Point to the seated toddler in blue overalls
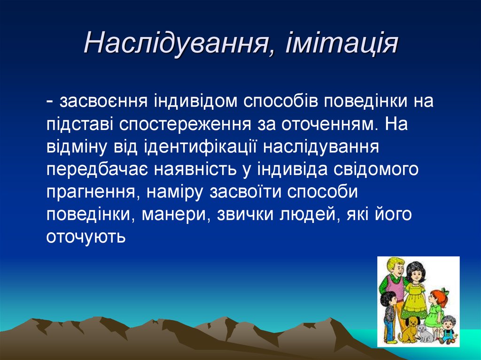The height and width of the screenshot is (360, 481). [449, 329]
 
